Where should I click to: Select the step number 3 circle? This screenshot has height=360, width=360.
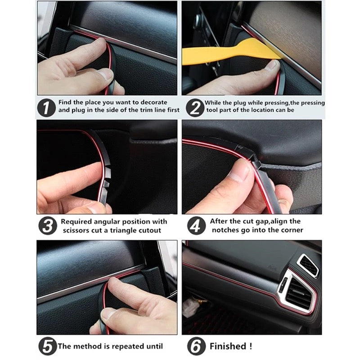tap(47, 225)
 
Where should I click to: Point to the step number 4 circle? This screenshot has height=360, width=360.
tap(195, 225)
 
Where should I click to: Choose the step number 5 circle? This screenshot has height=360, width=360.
tap(47, 346)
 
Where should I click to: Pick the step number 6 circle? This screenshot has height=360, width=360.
tap(195, 346)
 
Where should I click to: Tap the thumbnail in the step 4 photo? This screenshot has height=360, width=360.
tap(242, 171)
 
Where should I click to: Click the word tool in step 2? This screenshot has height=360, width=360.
tap(212, 110)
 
